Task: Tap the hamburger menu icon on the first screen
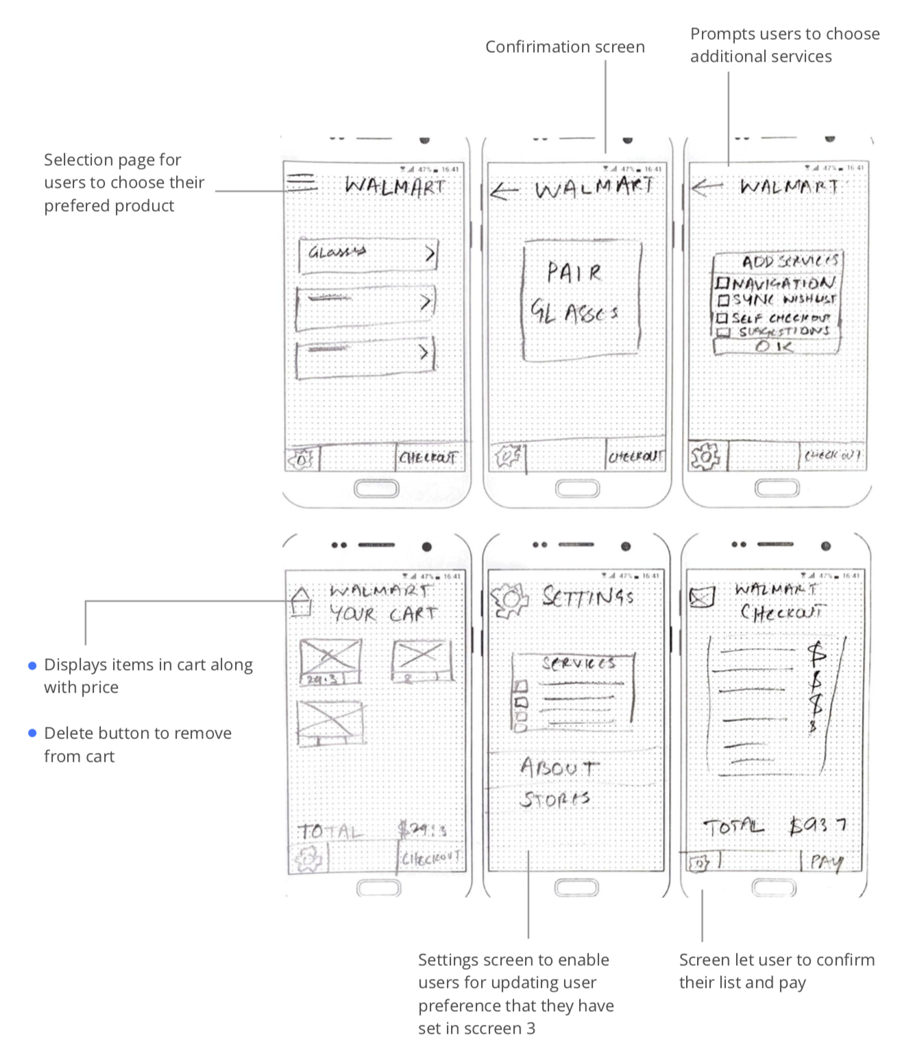302,182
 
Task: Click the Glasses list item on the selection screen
368,254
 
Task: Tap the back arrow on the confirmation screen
504,190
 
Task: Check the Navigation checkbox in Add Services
721,284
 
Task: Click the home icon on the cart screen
301,602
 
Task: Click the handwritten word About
558,767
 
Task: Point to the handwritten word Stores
554,799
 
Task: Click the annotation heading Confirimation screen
565,47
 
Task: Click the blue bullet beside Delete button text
32,734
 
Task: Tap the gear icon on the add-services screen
705,456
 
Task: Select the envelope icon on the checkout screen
702,597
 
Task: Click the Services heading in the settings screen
578,663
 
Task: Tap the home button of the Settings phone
576,888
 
